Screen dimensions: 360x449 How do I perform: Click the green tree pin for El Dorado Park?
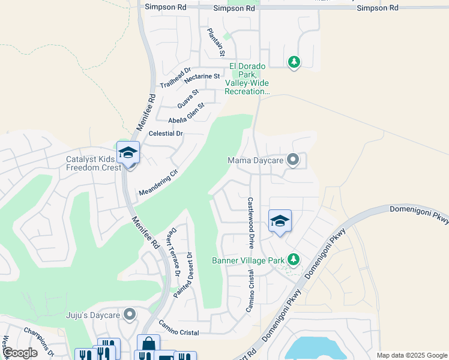tap(294, 62)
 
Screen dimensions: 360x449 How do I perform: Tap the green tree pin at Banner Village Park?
tap(293, 259)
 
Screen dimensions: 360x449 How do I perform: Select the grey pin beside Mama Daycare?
tap(292, 160)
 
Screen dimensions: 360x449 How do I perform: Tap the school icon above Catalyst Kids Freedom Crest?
tap(128, 153)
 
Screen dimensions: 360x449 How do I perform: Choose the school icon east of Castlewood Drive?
tap(280, 221)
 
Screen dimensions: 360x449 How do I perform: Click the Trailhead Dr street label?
tap(175, 77)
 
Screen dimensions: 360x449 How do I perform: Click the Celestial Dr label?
tap(165, 133)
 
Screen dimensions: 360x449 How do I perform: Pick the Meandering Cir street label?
tap(158, 183)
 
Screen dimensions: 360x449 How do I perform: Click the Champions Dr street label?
tap(39, 339)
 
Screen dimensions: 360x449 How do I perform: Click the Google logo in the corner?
tap(19, 353)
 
